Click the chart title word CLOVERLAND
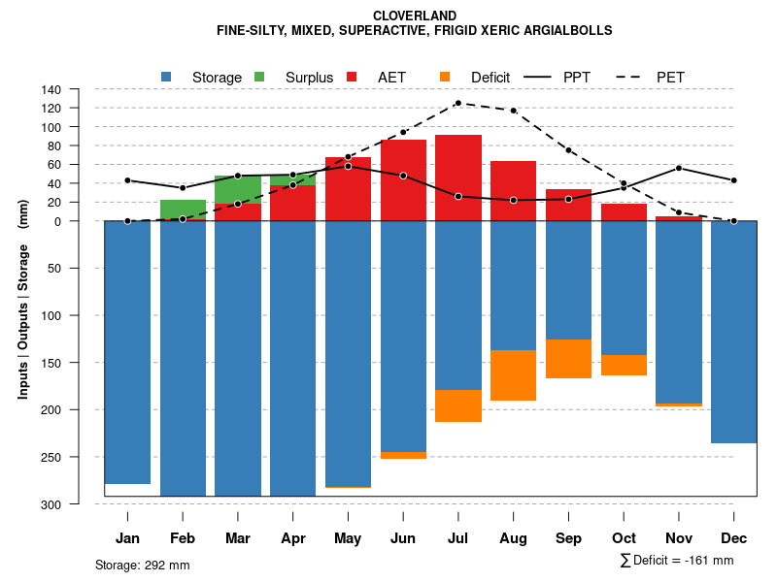pyautogui.click(x=415, y=16)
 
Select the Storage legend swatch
pyautogui.click(x=167, y=77)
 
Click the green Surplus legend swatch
pyautogui.click(x=259, y=77)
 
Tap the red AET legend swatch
pyautogui.click(x=353, y=77)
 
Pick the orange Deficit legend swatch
pyautogui.click(x=445, y=77)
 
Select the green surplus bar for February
pyautogui.click(x=183, y=209)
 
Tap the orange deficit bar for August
pyautogui.click(x=513, y=375)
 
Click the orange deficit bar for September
pyautogui.click(x=568, y=359)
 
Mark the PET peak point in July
pyautogui.click(x=458, y=103)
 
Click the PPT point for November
pyautogui.click(x=679, y=168)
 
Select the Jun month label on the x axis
pyautogui.click(x=403, y=538)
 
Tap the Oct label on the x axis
pyautogui.click(x=624, y=538)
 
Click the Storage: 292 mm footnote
pyautogui.click(x=143, y=565)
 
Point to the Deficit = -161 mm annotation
pyautogui.click(x=677, y=560)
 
